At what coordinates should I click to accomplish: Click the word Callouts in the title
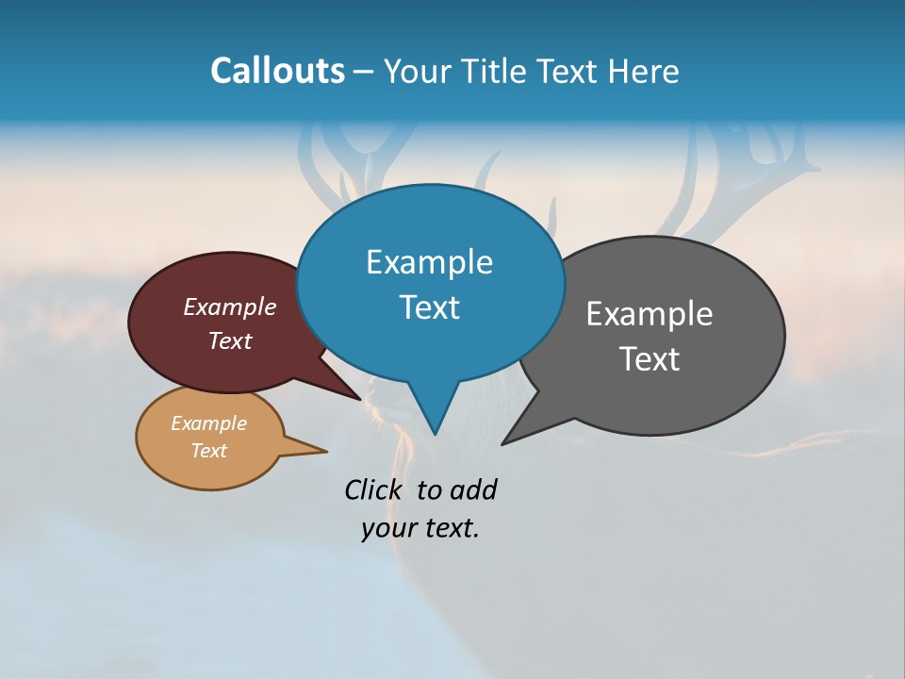click(277, 71)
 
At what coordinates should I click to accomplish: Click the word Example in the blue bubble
click(429, 262)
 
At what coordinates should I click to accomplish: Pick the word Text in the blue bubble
click(429, 306)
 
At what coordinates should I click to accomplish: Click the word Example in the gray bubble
click(650, 314)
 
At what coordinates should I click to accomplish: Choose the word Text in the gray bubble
click(650, 358)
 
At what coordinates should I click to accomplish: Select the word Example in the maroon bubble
click(230, 306)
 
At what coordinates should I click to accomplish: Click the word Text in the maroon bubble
click(230, 340)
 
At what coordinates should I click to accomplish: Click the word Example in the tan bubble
click(208, 423)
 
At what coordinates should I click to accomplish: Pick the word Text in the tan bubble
click(208, 451)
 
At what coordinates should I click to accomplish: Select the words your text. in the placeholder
click(420, 528)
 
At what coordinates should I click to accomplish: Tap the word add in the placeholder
click(472, 489)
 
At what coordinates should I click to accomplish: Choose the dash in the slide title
click(365, 72)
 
